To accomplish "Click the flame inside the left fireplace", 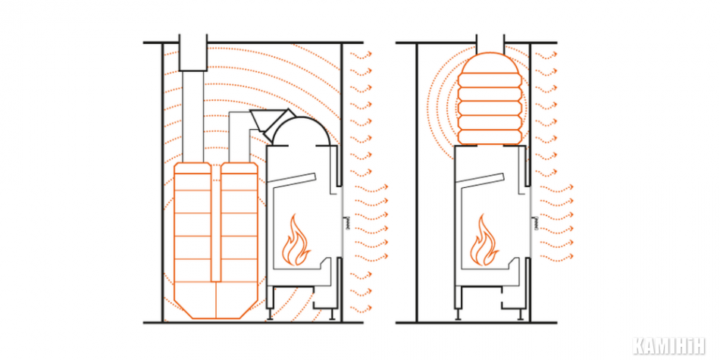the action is (x=296, y=242).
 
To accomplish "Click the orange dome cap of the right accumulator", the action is (x=490, y=64).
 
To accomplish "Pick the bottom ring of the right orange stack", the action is (x=490, y=135).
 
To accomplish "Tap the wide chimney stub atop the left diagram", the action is (x=193, y=52).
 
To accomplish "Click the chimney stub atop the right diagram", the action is (x=490, y=44).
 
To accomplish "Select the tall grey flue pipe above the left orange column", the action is (x=193, y=117).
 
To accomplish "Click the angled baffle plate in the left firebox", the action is (x=292, y=180).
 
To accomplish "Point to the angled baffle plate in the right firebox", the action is (x=481, y=180).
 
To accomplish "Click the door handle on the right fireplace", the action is (x=535, y=223).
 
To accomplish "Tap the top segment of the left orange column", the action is (x=193, y=168).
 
